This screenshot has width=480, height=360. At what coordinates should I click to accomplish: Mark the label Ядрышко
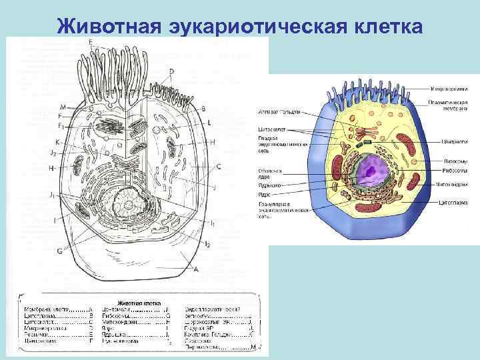pyautogui.click(x=269, y=184)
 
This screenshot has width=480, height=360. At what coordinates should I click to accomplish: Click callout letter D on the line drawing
pyautogui.click(x=171, y=71)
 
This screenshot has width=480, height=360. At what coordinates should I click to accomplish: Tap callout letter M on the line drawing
pyautogui.click(x=63, y=107)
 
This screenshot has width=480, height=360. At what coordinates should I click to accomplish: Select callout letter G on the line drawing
pyautogui.click(x=60, y=250)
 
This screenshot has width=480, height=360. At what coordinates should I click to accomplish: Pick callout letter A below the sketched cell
pyautogui.click(x=195, y=269)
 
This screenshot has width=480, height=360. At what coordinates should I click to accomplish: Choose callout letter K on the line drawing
pyautogui.click(x=58, y=141)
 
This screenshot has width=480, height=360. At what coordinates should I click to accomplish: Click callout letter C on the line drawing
pyautogui.click(x=219, y=167)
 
